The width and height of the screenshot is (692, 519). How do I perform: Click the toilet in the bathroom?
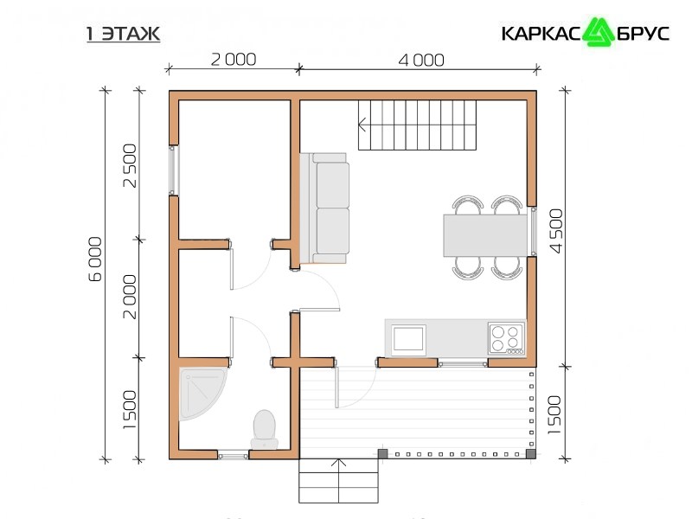[x=265, y=429]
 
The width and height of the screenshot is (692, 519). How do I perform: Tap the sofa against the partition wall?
[x=325, y=208]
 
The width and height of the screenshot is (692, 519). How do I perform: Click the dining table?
[x=485, y=235]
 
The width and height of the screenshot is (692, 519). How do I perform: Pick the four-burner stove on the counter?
[x=507, y=338]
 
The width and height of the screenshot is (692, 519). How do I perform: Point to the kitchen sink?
[x=408, y=340]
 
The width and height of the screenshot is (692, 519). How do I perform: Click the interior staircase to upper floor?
[x=417, y=125]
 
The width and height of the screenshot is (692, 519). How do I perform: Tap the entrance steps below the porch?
[x=338, y=481]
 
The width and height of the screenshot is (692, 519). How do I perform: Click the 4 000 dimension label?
[x=421, y=61]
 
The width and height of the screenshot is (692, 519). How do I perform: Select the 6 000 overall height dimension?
[x=95, y=259]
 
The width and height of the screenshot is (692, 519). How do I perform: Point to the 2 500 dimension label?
[x=131, y=165]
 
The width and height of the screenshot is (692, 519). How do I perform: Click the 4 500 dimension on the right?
[x=557, y=231]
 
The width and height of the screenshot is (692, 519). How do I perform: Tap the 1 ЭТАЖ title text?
[x=123, y=34]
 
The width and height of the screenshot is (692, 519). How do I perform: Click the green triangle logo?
[x=599, y=32]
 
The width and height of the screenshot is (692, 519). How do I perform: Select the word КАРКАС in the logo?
[x=542, y=34]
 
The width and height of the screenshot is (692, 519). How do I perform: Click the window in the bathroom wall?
[x=234, y=455]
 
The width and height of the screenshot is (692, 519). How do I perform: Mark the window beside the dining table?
[x=533, y=231]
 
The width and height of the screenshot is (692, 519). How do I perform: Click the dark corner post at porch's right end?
[x=531, y=453]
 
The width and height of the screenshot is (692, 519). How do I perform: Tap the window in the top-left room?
[x=174, y=170]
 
